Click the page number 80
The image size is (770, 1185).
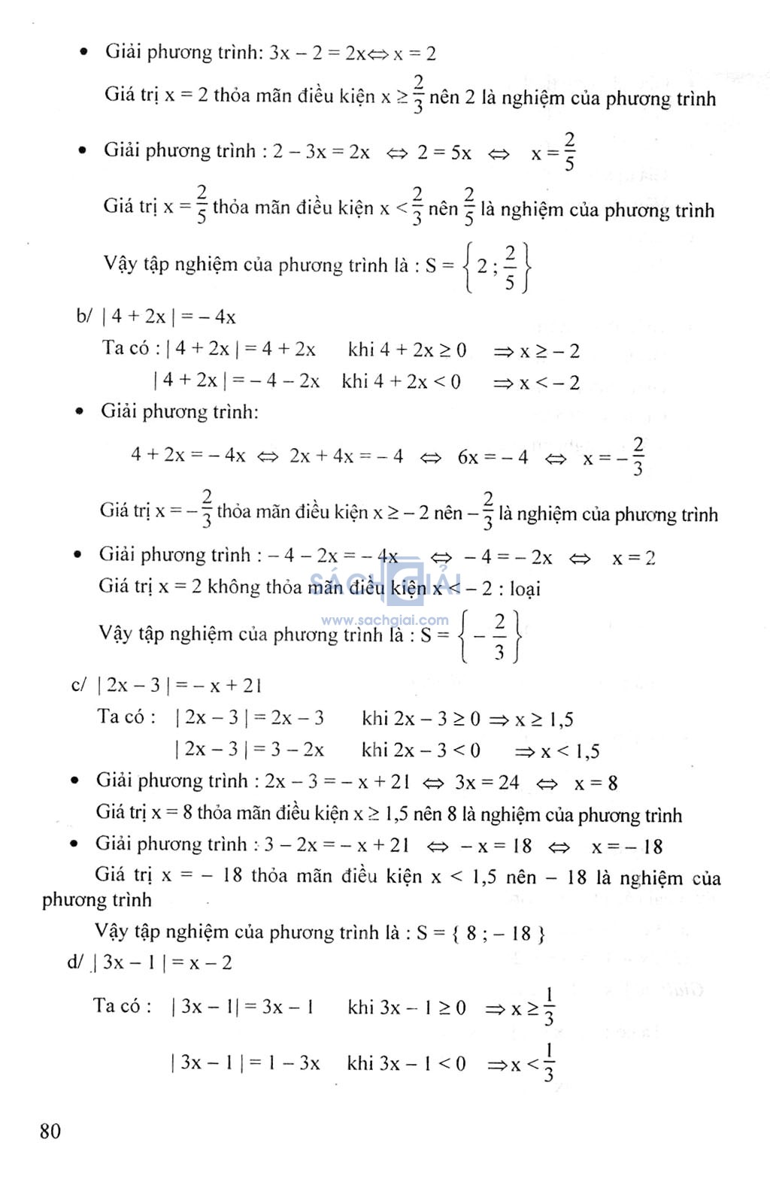(50, 1131)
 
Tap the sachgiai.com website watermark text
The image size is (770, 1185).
(384, 620)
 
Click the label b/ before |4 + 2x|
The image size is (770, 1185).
(83, 316)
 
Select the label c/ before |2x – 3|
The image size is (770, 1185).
(79, 685)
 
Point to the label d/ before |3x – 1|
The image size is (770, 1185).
(75, 962)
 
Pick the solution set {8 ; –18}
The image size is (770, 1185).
(499, 933)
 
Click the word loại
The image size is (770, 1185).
(525, 589)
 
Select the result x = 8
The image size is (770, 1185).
(596, 783)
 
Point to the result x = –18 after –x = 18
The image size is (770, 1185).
(627, 847)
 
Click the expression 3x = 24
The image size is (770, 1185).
(487, 783)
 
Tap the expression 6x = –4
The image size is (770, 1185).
(493, 456)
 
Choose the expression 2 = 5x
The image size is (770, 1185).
(444, 153)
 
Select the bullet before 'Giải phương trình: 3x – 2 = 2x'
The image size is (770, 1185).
(84, 52)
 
